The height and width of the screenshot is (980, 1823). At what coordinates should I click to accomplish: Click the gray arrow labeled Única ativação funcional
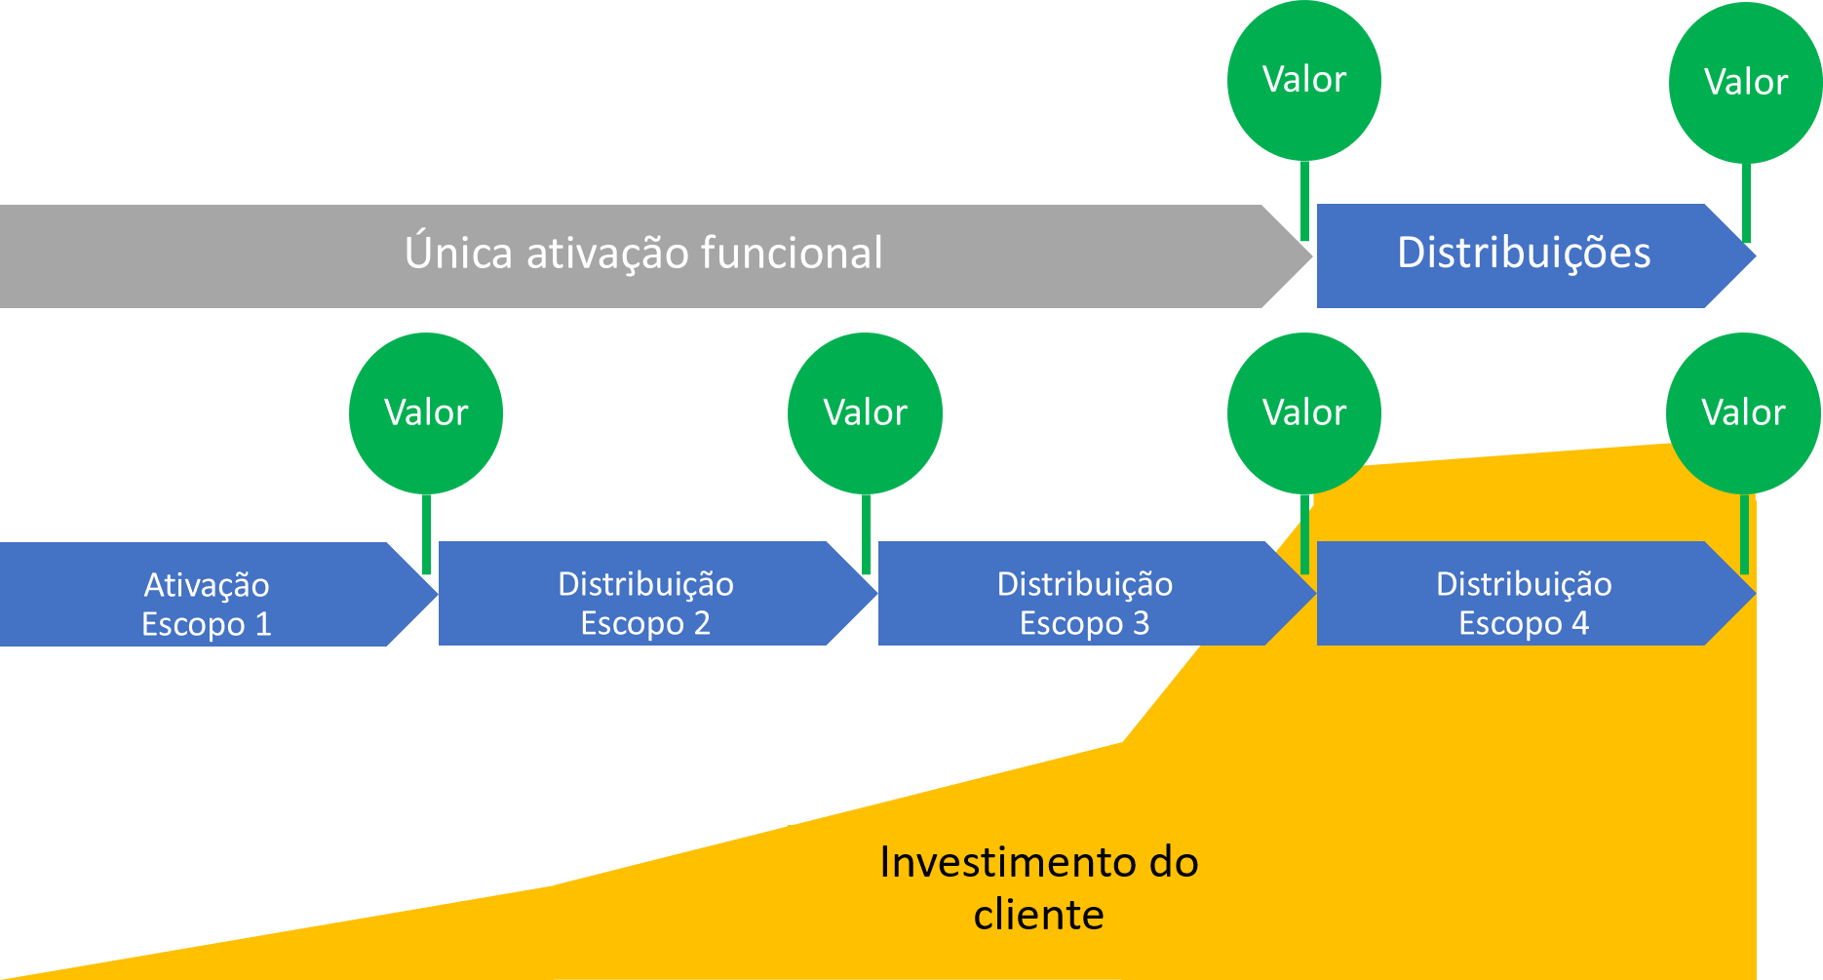point(643,255)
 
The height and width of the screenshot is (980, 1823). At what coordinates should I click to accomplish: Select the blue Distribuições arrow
point(1524,255)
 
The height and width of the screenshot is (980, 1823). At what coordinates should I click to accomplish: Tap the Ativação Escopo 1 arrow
point(207,595)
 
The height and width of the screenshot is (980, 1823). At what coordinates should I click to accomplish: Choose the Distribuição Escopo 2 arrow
point(645,595)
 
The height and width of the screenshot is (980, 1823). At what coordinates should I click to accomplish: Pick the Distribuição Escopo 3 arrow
point(1084,595)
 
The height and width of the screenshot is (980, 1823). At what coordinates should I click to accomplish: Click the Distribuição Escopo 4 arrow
point(1524,595)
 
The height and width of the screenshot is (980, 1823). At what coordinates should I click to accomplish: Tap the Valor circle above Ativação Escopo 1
point(426,412)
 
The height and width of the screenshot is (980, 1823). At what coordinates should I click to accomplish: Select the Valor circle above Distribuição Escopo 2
point(865,412)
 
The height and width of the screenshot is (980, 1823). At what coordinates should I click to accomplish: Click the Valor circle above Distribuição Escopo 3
point(1304,412)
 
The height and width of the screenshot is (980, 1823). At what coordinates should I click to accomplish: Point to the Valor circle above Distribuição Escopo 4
point(1743,412)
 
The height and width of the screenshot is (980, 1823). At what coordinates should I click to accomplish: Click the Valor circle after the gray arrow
point(1304,80)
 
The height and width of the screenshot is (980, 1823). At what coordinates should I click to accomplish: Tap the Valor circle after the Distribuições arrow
point(1745,83)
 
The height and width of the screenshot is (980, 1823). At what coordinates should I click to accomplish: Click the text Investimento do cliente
point(1038,887)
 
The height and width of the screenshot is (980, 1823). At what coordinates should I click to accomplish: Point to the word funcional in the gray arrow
point(792,254)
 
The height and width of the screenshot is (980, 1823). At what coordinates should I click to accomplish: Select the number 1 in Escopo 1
point(261,625)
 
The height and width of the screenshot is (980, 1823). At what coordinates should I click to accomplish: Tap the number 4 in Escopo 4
point(1580,623)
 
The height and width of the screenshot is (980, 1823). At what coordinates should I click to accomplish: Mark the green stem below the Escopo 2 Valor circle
point(866,531)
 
